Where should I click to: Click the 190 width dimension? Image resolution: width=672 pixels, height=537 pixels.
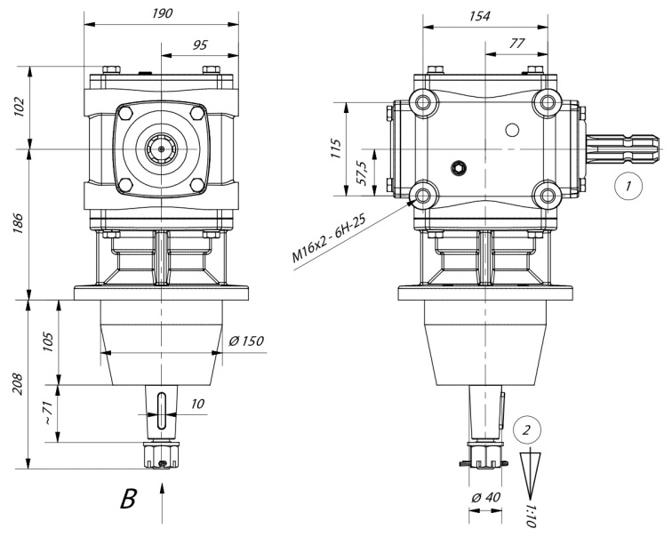click(163, 13)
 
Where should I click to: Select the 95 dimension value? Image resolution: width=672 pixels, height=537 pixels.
click(200, 45)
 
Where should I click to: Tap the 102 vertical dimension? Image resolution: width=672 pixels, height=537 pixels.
click(20, 108)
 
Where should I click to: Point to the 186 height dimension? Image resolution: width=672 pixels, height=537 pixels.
click(20, 222)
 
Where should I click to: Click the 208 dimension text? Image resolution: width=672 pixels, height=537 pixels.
click(17, 384)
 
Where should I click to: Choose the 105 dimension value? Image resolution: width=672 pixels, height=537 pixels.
click(48, 341)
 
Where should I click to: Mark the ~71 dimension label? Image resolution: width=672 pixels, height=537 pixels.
click(48, 413)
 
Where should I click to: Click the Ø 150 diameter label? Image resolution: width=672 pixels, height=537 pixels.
click(246, 341)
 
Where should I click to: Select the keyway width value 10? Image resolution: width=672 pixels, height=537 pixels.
click(197, 404)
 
